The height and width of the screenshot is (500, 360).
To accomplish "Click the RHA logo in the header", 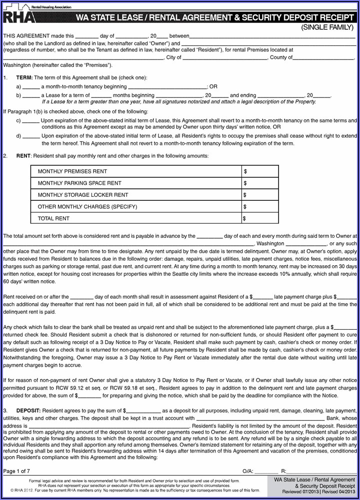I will [x=19, y=16].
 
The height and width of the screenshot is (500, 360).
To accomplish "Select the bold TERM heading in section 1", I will [x=24, y=77].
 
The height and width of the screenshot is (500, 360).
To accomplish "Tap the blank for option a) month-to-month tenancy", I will [x=31, y=86].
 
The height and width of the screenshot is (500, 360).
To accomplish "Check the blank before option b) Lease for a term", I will [x=31, y=95].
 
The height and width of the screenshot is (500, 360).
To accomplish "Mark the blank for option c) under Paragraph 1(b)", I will [x=31, y=120].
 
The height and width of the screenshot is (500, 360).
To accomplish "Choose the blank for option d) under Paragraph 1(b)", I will [x=31, y=135].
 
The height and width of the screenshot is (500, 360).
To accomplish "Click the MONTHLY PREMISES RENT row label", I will [x=72, y=171].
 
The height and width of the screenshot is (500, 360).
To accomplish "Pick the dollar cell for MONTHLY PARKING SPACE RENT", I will [x=260, y=183].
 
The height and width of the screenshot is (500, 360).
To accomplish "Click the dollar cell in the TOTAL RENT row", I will [x=260, y=218].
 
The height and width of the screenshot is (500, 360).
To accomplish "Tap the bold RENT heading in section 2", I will [x=23, y=156].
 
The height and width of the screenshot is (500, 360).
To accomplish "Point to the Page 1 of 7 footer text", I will [x=16, y=471].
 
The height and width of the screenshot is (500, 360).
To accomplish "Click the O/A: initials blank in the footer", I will [x=266, y=471].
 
